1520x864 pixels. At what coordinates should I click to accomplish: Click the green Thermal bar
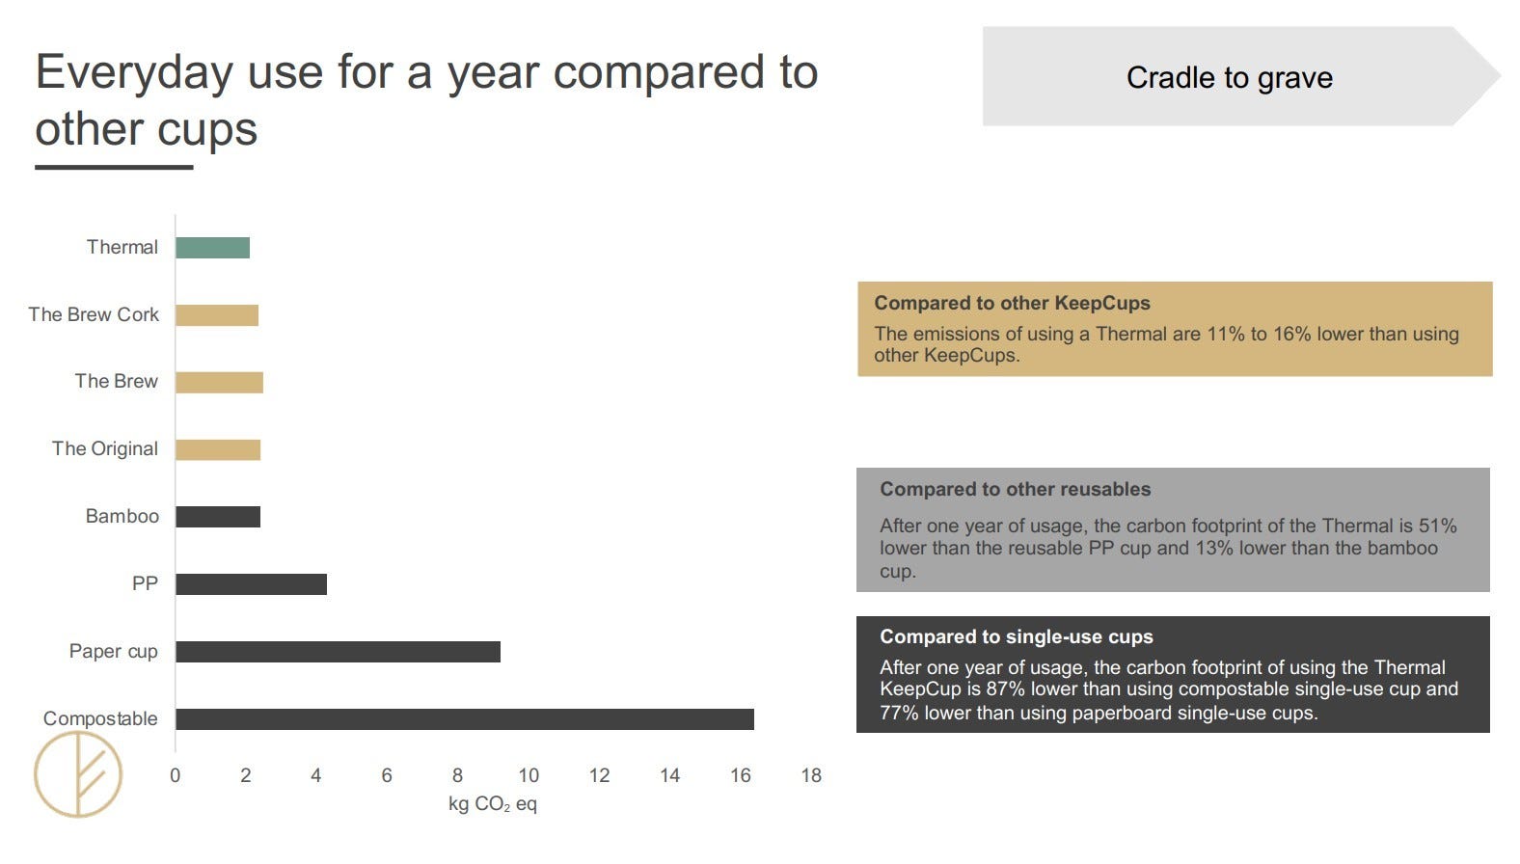[212, 248]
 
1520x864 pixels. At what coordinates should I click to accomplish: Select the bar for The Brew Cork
[217, 315]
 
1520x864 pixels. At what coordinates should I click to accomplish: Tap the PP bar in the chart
[251, 584]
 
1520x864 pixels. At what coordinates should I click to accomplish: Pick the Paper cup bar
[338, 652]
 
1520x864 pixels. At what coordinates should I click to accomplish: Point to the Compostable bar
[465, 718]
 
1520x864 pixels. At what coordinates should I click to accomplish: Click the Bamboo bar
[218, 517]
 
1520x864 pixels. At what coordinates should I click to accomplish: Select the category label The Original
[105, 449]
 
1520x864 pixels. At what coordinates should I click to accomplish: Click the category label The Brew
[116, 381]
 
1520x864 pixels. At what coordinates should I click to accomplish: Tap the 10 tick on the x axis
[529, 775]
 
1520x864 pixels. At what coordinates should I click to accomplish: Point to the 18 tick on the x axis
[811, 775]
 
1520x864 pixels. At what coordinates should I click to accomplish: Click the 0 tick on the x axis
[176, 775]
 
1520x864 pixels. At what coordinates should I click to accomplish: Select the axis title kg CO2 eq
[493, 804]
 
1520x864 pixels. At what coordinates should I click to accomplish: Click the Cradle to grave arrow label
[1230, 77]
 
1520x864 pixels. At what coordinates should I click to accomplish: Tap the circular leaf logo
[78, 774]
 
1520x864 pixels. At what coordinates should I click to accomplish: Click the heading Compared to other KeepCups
[1012, 303]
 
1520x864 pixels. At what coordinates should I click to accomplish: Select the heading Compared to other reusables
[1016, 489]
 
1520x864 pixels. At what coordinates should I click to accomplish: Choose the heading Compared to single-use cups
[1017, 636]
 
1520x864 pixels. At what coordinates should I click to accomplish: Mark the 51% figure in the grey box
[1438, 526]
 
